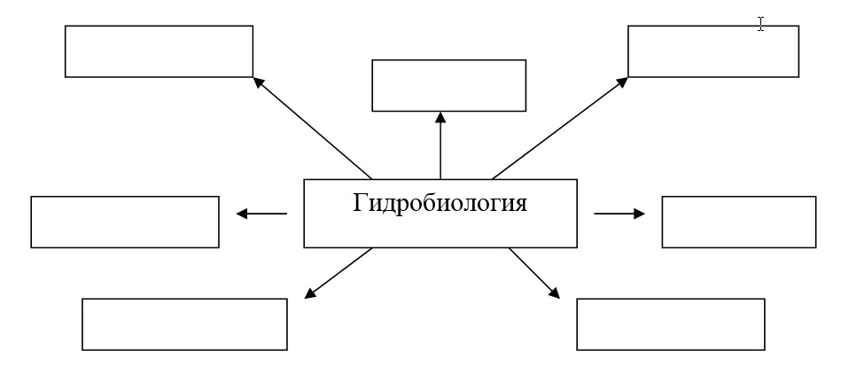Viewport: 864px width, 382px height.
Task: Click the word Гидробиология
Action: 440,204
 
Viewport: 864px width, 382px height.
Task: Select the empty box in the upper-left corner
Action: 159,51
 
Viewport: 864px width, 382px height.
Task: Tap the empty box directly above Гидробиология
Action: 448,85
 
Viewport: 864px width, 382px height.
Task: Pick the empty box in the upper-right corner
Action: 712,51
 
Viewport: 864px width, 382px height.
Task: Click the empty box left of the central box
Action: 125,222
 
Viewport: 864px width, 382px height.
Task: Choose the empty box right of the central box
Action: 738,222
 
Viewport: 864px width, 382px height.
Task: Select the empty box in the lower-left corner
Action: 184,324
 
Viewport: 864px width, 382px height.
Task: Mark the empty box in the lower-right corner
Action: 670,324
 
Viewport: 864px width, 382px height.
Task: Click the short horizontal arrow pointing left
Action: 261,214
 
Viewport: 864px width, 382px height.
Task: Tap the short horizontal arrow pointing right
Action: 619,214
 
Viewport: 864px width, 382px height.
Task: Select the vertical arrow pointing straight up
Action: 440,145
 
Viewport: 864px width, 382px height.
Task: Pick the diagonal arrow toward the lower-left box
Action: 339,274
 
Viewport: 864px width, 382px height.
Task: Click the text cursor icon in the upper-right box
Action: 760,24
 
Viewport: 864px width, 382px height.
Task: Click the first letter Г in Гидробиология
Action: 360,204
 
